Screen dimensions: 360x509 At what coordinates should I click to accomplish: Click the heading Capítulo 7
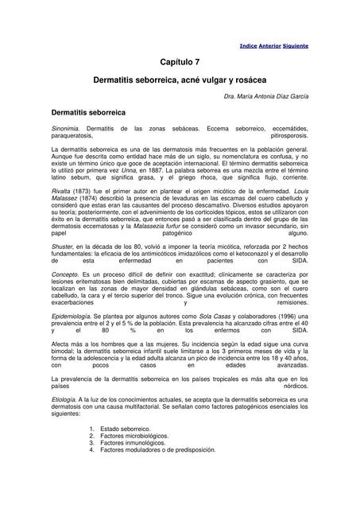[x=180, y=61]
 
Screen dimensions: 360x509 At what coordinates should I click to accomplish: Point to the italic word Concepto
[x=64, y=293]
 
